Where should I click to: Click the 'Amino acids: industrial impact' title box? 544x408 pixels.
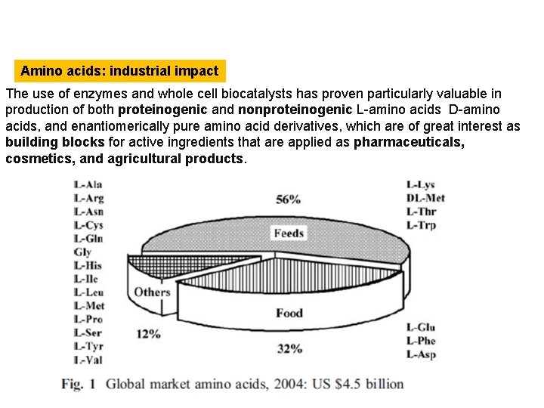119,72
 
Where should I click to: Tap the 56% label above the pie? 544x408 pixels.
289,199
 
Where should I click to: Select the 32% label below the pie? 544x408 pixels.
289,348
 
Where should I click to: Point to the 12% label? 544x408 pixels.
149,332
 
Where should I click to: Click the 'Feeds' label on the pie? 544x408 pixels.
289,233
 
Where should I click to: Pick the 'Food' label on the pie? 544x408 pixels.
289,313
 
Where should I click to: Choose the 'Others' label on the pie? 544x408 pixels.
152,292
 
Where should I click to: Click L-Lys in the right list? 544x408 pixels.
420,184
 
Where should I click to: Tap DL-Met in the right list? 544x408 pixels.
425,198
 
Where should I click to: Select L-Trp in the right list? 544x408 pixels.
421,225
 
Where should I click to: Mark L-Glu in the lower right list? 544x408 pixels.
421,327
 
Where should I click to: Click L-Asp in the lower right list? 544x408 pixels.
421,354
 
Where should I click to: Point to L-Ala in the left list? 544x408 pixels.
88,184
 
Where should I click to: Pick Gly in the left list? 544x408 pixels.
82,252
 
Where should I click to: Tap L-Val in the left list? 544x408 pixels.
88,360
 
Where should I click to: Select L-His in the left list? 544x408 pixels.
88,265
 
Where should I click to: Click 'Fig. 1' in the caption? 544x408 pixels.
78,384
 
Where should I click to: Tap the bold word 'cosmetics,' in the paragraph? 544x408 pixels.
38,159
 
